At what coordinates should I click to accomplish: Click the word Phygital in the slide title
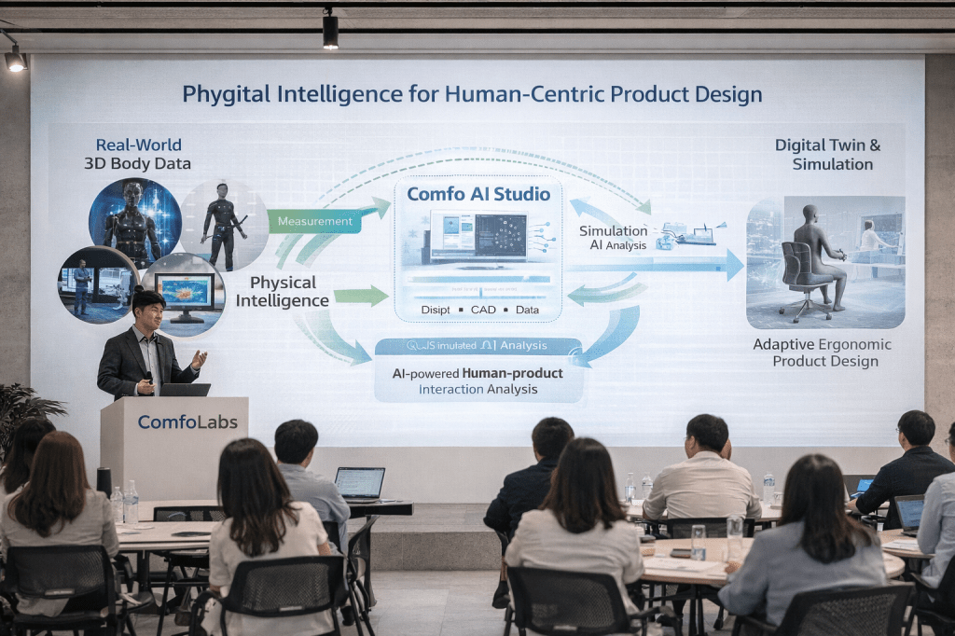pos(222,94)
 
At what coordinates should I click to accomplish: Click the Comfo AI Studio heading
pos(478,194)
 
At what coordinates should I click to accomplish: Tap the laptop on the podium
pos(185,390)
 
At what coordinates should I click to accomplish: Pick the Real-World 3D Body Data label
pos(138,155)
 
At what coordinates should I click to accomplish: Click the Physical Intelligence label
pos(282,291)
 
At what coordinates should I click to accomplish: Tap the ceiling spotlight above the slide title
pos(330,30)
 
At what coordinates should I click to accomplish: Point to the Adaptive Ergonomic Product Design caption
pos(822,353)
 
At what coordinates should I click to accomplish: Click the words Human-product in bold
pos(508,373)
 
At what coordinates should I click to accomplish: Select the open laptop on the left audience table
pos(359,483)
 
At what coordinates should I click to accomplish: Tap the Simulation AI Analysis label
pos(611,237)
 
